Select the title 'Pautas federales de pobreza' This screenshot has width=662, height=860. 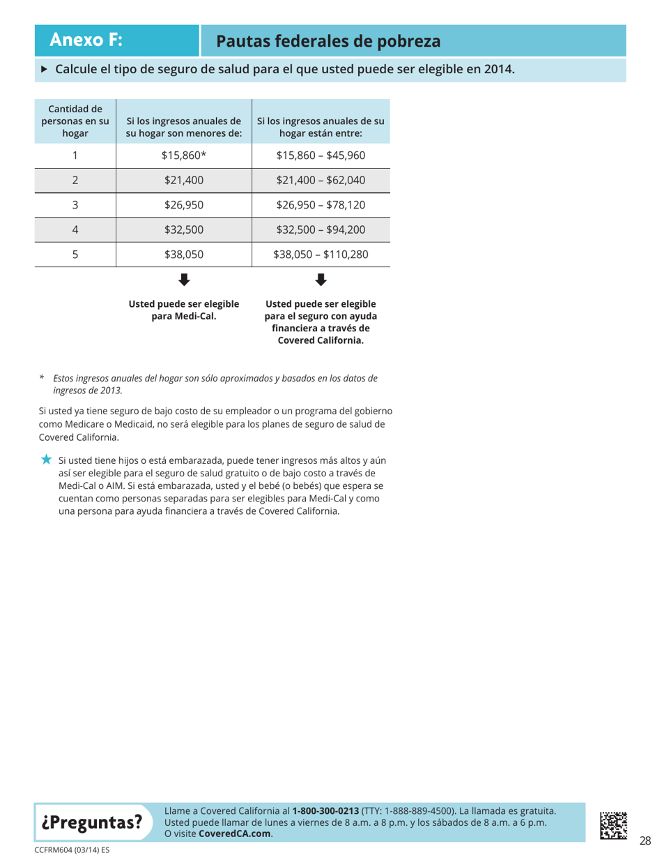[x=328, y=41]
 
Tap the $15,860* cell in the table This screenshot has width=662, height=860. [x=184, y=155]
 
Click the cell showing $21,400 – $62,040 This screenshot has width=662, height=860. [x=321, y=181]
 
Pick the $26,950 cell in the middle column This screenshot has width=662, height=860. [x=184, y=206]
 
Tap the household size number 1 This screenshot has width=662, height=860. [x=75, y=155]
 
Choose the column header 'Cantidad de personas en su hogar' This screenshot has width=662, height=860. [x=75, y=121]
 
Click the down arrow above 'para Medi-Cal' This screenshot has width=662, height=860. [x=184, y=280]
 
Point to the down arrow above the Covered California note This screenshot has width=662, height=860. [x=321, y=280]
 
